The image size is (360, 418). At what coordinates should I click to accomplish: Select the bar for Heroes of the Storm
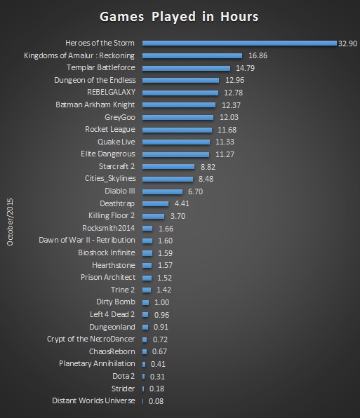click(x=239, y=43)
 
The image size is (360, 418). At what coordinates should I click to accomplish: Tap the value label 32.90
click(x=348, y=43)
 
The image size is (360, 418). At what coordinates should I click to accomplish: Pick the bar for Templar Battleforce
click(x=186, y=68)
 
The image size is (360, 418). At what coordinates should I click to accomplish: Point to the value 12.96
click(x=233, y=81)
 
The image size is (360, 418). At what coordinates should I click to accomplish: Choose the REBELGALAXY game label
click(x=111, y=93)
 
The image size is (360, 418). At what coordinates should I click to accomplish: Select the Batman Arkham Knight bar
click(x=178, y=105)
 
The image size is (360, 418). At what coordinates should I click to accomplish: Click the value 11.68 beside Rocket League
click(x=225, y=130)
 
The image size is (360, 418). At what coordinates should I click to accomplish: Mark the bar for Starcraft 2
click(x=168, y=166)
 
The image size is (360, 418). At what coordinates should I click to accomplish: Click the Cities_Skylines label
click(x=110, y=179)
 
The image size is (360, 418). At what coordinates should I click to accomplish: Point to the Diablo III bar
click(x=162, y=191)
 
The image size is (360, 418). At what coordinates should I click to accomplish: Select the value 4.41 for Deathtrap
click(x=183, y=203)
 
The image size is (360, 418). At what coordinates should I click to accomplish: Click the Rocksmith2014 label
click(x=107, y=228)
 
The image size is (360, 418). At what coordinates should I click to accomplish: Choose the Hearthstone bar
click(x=147, y=265)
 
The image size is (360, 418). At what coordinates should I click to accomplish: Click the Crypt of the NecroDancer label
click(x=90, y=339)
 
